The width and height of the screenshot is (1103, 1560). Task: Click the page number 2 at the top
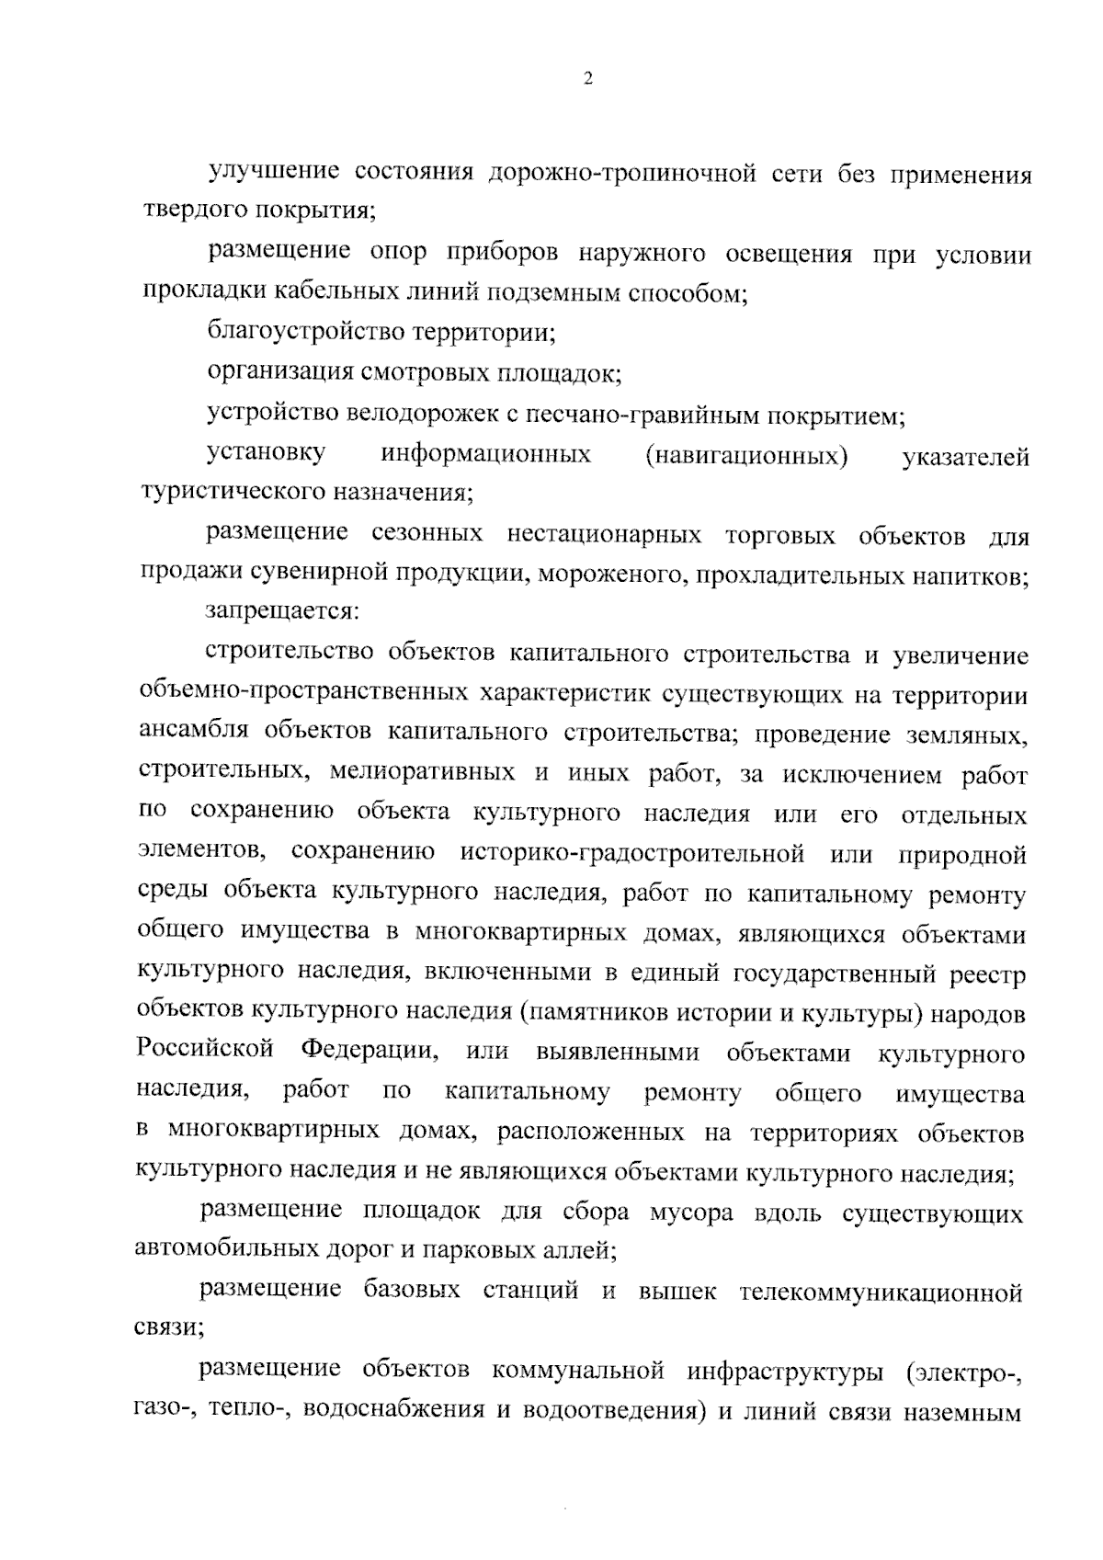pos(588,79)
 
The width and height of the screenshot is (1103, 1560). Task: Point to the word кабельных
pos(339,293)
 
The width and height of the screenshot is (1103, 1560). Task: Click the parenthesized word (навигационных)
pos(746,456)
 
